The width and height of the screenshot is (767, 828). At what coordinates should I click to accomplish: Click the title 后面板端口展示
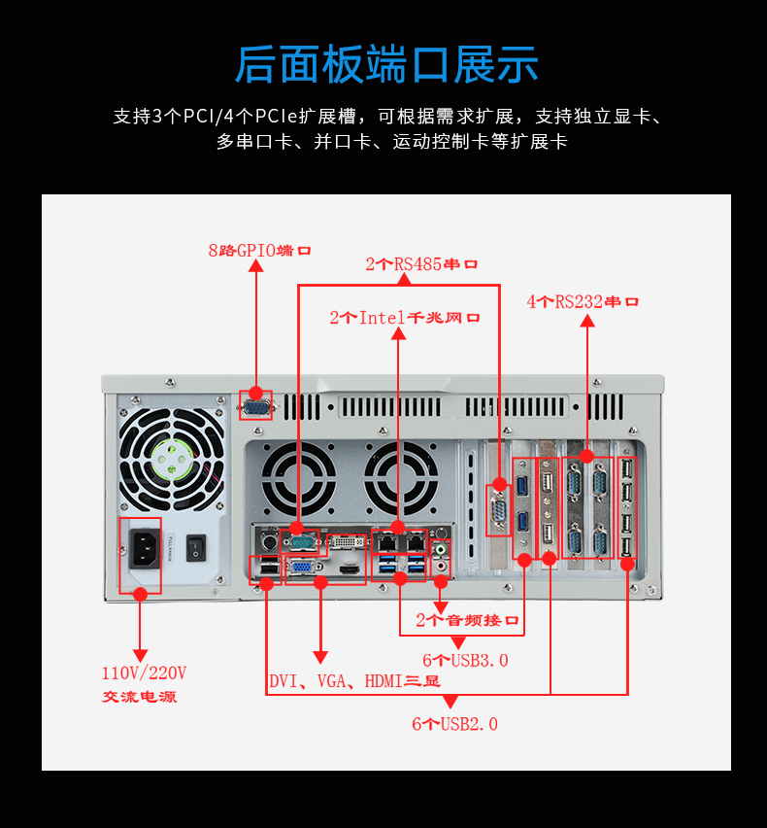(386, 64)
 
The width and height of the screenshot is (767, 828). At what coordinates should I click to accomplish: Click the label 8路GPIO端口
(259, 251)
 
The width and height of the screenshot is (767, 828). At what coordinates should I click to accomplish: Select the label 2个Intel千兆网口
(405, 318)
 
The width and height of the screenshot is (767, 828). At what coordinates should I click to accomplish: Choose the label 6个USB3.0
(465, 661)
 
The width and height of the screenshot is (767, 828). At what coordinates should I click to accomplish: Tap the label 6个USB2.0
(454, 724)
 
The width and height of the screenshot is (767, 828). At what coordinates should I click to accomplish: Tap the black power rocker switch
(197, 548)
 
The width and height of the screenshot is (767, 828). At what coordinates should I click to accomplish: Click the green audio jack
(442, 548)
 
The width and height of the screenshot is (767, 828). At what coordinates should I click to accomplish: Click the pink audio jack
(442, 565)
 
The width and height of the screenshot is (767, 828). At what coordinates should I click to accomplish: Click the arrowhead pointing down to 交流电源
(140, 655)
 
